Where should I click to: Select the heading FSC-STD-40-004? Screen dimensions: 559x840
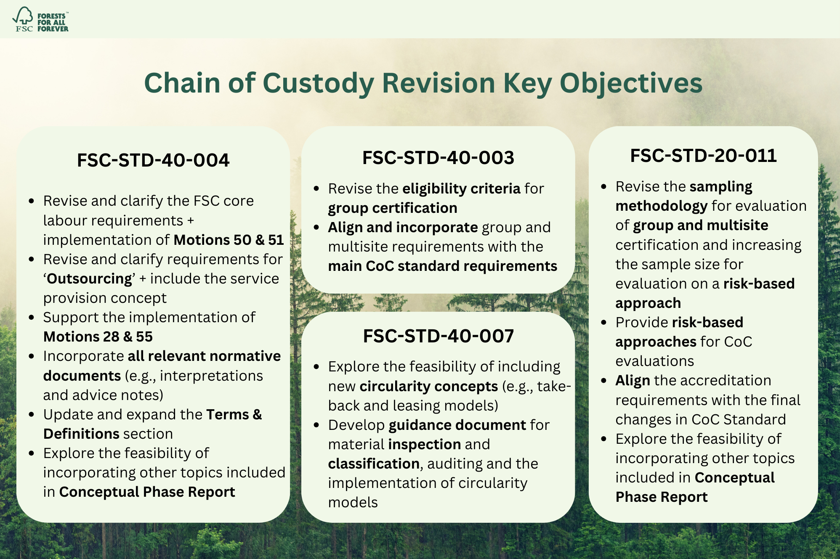pyautogui.click(x=153, y=160)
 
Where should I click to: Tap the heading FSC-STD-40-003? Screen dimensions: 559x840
pyautogui.click(x=438, y=158)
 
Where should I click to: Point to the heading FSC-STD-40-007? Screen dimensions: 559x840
pyautogui.click(x=438, y=336)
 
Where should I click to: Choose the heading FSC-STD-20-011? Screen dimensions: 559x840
pyautogui.click(x=703, y=156)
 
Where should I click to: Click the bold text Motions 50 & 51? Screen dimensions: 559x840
pyautogui.click(x=229, y=240)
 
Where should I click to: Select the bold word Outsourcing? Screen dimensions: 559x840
pyautogui.click(x=90, y=279)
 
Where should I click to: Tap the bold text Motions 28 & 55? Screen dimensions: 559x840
pyautogui.click(x=98, y=337)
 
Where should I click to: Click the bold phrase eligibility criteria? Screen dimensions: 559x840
pyautogui.click(x=461, y=189)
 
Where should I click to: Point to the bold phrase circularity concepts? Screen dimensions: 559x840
pyautogui.click(x=428, y=386)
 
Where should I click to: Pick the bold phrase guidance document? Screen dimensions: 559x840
pyautogui.click(x=457, y=425)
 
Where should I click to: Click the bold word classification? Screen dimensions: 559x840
pyautogui.click(x=373, y=464)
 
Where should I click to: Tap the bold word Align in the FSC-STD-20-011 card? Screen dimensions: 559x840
pyautogui.click(x=633, y=381)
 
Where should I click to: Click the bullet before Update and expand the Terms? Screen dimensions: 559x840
pyautogui.click(x=32, y=415)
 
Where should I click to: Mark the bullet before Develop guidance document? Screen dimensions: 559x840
pyautogui.click(x=316, y=425)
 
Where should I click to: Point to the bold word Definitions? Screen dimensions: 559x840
pyautogui.click(x=81, y=434)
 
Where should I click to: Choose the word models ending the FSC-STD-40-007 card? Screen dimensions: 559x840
pyautogui.click(x=353, y=503)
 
